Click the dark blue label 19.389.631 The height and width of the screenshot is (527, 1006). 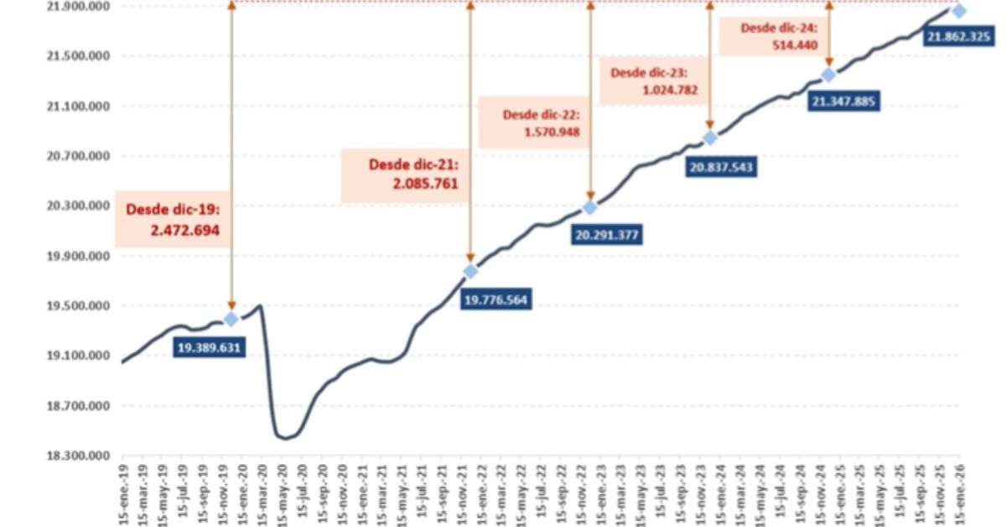[210, 347]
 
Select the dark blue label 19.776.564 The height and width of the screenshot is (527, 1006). [496, 300]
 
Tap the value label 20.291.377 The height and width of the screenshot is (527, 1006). [608, 235]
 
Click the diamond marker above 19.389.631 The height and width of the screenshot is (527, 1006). [231, 319]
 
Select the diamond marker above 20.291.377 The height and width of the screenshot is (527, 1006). [590, 207]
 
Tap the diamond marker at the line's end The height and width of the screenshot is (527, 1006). [959, 11]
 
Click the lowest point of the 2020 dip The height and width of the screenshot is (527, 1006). [285, 437]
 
